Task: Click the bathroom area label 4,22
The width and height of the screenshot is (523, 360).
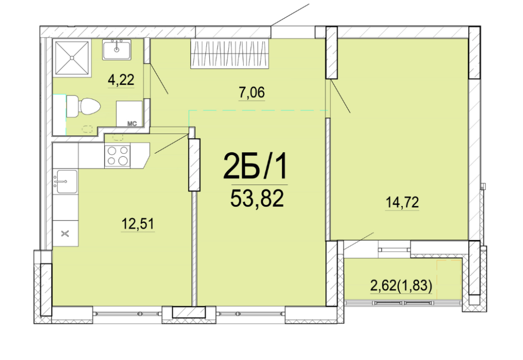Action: (x=121, y=80)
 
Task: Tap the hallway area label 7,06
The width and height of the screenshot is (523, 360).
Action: (x=251, y=92)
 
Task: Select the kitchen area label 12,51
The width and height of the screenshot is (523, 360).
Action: (x=138, y=224)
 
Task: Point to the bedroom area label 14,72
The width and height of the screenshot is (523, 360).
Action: (x=402, y=202)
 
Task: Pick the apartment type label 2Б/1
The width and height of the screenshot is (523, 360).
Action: (x=255, y=166)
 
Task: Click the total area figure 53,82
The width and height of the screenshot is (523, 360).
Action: (x=257, y=198)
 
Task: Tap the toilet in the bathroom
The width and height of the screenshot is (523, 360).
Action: (x=83, y=106)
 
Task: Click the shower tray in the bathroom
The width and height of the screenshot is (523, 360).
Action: (x=72, y=58)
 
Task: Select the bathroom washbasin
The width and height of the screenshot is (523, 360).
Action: (x=116, y=50)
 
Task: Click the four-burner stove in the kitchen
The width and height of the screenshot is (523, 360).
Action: (x=117, y=156)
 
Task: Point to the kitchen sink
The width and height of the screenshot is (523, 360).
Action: (x=65, y=181)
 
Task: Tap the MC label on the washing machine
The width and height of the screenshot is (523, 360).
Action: (x=132, y=124)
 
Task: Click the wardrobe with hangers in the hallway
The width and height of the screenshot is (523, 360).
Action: (x=230, y=54)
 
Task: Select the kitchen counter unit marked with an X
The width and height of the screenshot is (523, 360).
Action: (x=65, y=233)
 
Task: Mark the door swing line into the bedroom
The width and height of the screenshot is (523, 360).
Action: (x=340, y=96)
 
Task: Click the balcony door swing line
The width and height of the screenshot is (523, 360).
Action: (x=359, y=241)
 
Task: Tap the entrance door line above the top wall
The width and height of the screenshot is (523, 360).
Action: (x=290, y=15)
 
